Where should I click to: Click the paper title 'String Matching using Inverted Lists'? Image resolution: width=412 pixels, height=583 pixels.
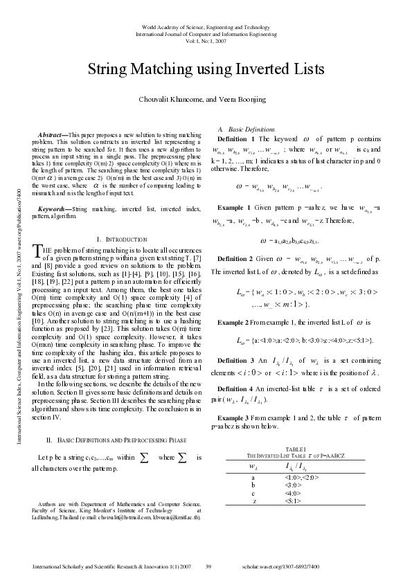(205, 69)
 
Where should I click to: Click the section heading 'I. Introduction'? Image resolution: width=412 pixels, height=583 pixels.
(119, 239)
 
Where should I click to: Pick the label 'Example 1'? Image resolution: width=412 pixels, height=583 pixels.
(234, 208)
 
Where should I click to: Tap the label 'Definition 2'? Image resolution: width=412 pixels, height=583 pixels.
(237, 258)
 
